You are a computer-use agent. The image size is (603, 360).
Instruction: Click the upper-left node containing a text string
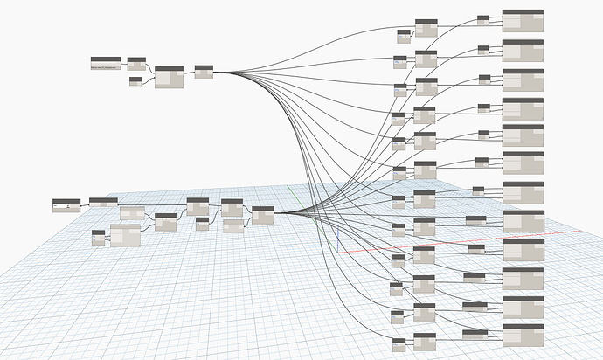(x=106, y=63)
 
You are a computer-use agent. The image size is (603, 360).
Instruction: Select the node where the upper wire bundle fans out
(x=204, y=71)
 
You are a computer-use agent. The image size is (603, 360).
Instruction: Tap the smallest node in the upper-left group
(x=135, y=81)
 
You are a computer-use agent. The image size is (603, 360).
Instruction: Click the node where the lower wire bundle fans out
(x=262, y=215)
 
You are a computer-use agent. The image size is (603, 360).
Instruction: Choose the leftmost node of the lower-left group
(x=66, y=204)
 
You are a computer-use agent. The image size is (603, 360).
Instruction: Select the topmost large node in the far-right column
(x=523, y=21)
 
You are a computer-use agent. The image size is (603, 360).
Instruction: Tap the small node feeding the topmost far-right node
(x=484, y=19)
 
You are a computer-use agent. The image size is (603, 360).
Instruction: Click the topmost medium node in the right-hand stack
(x=426, y=27)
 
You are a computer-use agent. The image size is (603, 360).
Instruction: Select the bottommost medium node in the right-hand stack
(x=425, y=340)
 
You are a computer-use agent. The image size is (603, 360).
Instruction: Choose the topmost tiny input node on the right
(x=403, y=36)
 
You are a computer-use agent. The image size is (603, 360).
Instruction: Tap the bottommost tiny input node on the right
(x=399, y=344)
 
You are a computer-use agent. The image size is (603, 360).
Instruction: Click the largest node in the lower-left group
(x=125, y=236)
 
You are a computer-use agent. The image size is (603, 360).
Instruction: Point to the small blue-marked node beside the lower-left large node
(x=98, y=237)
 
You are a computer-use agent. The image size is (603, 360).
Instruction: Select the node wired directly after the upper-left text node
(x=136, y=63)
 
